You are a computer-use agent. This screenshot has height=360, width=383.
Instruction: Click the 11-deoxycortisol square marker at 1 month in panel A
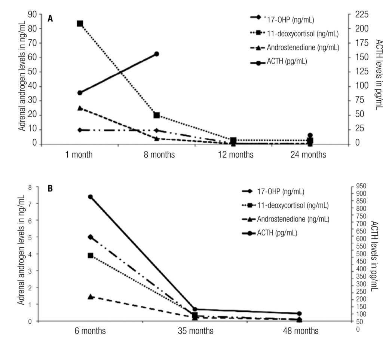[80, 24]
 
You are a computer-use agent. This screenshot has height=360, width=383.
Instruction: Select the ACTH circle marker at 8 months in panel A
[157, 54]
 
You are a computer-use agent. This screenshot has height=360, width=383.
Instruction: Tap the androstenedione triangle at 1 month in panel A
[80, 108]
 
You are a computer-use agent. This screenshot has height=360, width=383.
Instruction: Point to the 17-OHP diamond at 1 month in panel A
[80, 130]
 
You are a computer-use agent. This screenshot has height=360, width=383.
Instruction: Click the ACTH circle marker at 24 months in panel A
[310, 135]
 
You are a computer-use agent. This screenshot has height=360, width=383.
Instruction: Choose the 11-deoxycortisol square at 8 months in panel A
[157, 115]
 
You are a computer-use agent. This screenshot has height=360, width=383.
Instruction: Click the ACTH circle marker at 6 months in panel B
[91, 197]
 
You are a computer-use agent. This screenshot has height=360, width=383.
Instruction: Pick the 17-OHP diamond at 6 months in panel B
[91, 237]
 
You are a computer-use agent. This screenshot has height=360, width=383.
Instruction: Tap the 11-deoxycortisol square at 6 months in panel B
[91, 255]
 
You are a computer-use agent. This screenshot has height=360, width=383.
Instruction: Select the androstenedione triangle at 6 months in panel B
[91, 297]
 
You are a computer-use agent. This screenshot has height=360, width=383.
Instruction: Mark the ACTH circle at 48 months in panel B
[300, 314]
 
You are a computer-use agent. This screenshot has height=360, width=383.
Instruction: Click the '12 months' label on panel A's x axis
[236, 155]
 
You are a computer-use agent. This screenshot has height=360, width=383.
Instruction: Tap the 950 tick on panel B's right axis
[363, 186]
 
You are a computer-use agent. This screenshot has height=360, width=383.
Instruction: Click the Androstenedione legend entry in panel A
[303, 48]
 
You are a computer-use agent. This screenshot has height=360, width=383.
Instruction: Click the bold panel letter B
[50, 189]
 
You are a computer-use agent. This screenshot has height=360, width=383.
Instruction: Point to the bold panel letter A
[50, 18]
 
